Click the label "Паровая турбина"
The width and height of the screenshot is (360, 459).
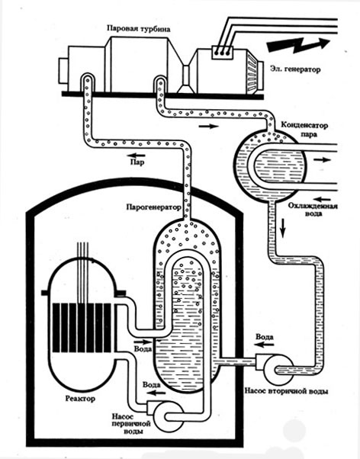pos(138,29)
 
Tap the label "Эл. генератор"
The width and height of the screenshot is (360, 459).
pos(295,69)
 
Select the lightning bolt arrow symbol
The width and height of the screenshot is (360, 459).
pos(298,45)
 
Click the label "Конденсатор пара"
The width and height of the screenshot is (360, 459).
pos(304,130)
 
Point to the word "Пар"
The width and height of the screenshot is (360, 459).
pos(137,162)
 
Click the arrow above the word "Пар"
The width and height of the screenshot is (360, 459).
pos(137,155)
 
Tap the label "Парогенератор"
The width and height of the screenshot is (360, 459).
pos(154,207)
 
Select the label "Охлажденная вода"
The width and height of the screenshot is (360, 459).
pos(313,210)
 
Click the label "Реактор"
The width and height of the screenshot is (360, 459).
pos(80,399)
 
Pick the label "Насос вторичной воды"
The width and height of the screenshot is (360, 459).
pos(286,391)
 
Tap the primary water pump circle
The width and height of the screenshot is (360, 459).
pos(168,416)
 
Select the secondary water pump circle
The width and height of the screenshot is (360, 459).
pos(278,369)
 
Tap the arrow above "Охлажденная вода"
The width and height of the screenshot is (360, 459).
pos(323,199)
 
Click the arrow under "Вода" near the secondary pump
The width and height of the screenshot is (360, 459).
pos(263,345)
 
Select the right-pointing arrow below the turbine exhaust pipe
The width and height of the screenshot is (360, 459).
pos(208,126)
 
